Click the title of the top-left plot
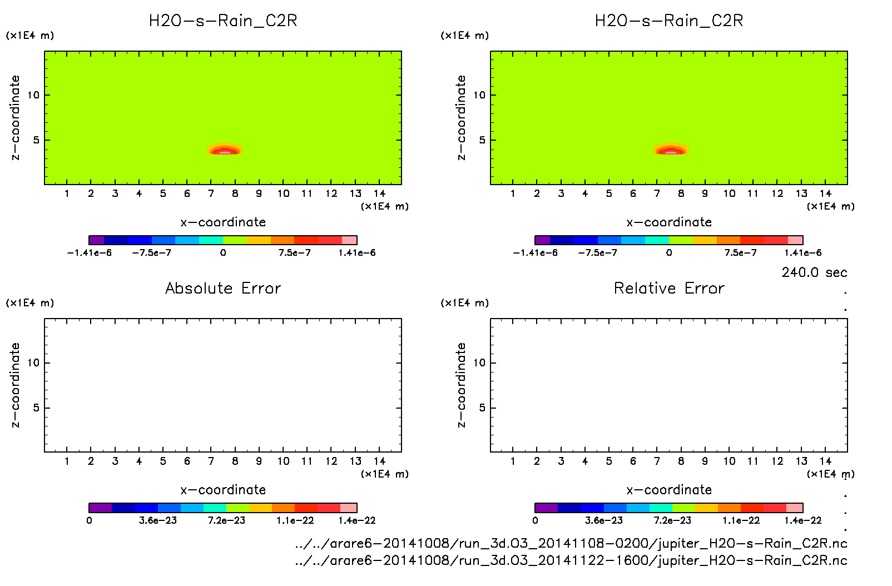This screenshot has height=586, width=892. [223, 21]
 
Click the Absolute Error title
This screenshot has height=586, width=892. [223, 289]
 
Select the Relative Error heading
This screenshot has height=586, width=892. [669, 289]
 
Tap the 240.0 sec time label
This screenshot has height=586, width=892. [814, 272]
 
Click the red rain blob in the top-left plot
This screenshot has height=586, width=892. [225, 150]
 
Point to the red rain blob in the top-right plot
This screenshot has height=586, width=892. [671, 150]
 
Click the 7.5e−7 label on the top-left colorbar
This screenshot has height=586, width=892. [294, 253]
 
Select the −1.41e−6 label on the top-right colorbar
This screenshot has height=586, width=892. [535, 253]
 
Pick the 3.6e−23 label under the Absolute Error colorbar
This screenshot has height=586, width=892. [158, 520]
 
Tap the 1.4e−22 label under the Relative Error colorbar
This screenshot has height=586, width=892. [802, 520]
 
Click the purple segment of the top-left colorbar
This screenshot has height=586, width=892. [96, 240]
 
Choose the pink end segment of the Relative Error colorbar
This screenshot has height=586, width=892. [795, 508]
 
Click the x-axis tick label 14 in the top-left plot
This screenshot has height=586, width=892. [379, 193]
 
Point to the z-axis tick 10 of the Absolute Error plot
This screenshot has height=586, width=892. [33, 363]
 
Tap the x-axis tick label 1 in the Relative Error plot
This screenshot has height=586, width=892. [513, 461]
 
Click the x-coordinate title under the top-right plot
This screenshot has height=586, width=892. [669, 222]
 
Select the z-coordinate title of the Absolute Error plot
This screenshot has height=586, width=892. [15, 385]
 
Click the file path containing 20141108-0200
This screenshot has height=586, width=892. [571, 543]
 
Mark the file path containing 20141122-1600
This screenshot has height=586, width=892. [571, 560]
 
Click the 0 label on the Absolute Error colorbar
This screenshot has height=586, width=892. [89, 520]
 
